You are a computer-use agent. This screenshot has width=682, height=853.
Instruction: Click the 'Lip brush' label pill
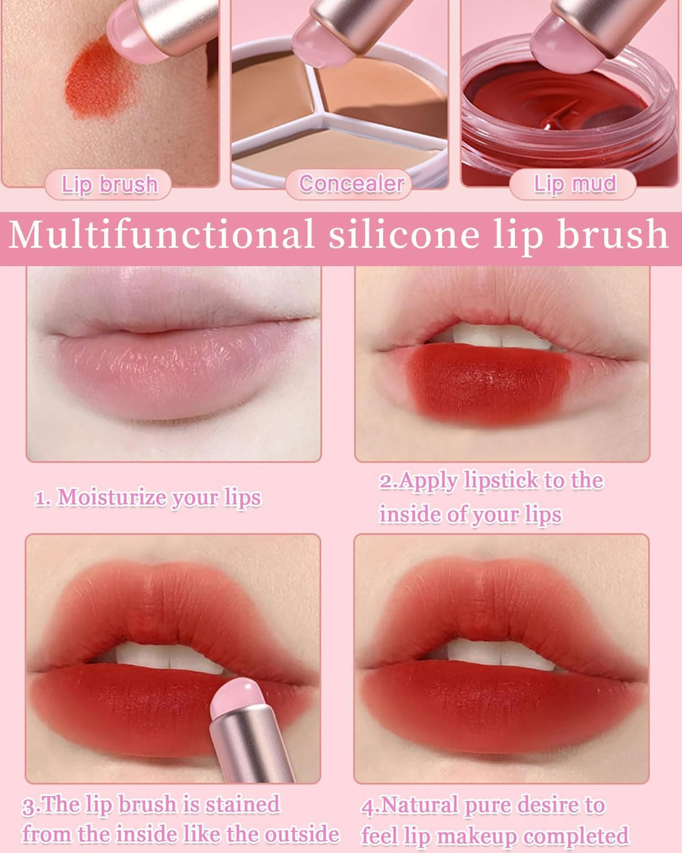click(x=108, y=184)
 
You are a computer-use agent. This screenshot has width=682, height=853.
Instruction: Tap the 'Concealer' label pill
click(x=348, y=184)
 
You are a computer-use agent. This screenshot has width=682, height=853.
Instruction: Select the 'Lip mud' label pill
click(x=573, y=184)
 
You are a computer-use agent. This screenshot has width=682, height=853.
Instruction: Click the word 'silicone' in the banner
click(x=404, y=235)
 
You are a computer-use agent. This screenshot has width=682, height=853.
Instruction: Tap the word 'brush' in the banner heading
click(x=612, y=235)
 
